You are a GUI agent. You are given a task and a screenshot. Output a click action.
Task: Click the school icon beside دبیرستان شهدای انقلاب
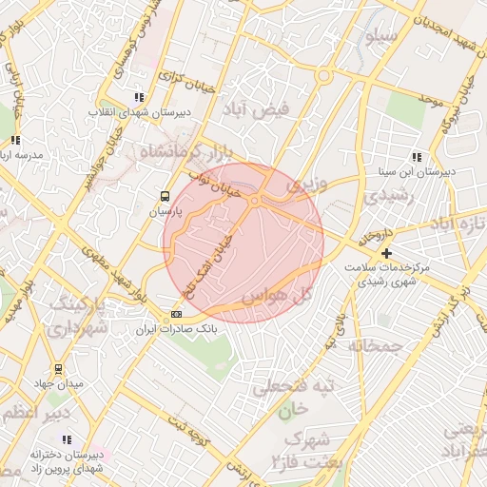[140, 97]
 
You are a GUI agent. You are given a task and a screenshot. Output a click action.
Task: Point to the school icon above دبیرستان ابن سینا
[417, 157]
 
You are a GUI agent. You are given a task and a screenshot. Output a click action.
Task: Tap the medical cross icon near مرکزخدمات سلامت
[386, 254]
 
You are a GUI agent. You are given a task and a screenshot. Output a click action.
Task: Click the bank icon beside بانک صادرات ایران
[176, 314]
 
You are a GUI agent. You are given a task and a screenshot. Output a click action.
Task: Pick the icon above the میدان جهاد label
[60, 368]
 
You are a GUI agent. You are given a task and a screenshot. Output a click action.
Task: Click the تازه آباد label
[457, 224]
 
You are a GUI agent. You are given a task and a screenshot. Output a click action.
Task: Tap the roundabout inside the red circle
[256, 200]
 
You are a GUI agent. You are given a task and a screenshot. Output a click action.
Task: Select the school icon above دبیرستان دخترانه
[67, 439]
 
